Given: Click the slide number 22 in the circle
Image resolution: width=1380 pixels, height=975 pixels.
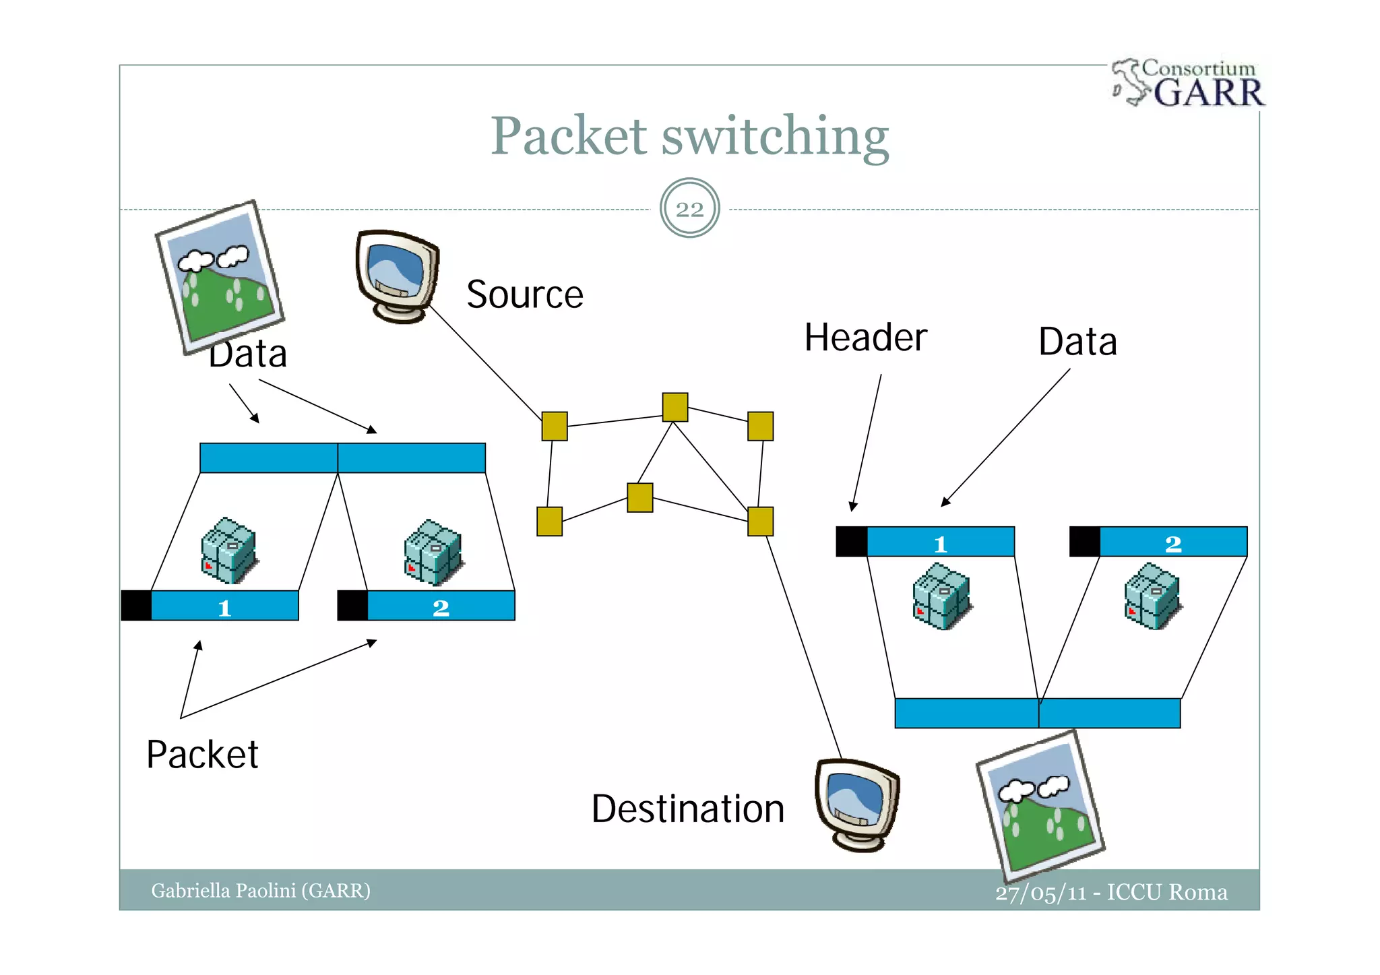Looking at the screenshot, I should pos(689,209).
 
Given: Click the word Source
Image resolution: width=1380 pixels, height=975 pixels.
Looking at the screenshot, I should pos(524,294).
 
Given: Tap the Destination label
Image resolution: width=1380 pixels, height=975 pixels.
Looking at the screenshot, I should pos(687,809).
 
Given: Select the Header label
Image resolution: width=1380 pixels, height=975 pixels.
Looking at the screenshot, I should pos(865,338).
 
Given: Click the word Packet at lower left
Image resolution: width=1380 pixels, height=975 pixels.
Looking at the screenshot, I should pos(202,754).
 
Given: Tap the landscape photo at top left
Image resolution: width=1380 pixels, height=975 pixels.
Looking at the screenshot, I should pos(220,277).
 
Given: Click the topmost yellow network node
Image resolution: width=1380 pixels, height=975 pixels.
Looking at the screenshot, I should pos(675,407).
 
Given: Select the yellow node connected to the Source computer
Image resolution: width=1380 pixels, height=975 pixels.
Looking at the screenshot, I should pos(555,426).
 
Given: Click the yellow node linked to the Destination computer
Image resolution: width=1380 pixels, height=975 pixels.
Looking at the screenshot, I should pos(760,522).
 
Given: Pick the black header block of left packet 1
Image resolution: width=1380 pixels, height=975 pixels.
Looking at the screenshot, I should pos(136,605).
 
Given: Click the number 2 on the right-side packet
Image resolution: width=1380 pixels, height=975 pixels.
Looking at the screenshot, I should pos(1172,544).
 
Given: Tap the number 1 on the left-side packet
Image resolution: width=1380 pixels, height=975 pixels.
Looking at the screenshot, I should pos(224,608).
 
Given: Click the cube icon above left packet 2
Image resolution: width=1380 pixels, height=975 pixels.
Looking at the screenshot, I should pos(433,551).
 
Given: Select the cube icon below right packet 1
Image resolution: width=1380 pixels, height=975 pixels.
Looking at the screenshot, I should pos(941,597).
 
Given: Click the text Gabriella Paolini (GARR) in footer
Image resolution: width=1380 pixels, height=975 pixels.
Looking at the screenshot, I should pos(261,891).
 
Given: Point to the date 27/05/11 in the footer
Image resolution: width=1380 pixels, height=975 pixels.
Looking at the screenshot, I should pos(1040,893).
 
